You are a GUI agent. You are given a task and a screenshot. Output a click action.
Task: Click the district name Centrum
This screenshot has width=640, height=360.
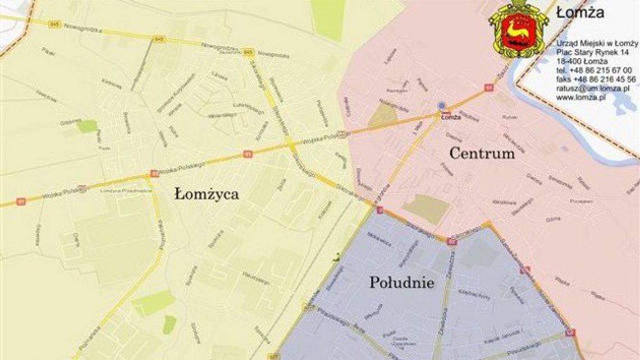click(x=482, y=153)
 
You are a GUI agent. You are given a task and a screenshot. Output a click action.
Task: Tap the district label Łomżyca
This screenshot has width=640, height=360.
click(x=206, y=194)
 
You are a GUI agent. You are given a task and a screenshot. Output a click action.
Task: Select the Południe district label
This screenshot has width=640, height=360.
click(x=401, y=282)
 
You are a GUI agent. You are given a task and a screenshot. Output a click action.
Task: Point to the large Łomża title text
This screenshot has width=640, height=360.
click(x=580, y=12)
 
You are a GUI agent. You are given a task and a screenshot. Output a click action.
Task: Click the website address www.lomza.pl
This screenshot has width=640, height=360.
click(x=580, y=97)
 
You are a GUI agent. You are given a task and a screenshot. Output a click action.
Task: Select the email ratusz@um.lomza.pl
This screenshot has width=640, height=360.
click(x=592, y=88)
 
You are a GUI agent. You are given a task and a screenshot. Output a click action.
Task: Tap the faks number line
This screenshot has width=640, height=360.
click(x=596, y=79)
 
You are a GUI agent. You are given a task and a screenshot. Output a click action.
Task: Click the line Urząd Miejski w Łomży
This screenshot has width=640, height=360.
click(x=596, y=43)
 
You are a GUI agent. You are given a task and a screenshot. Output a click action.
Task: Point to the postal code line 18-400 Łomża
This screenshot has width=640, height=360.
click(x=581, y=61)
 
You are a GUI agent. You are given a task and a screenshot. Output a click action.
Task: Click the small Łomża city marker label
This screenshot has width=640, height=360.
click(x=447, y=117)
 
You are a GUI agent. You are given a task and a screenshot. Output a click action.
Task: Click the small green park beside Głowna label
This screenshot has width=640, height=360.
click(x=87, y=126)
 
